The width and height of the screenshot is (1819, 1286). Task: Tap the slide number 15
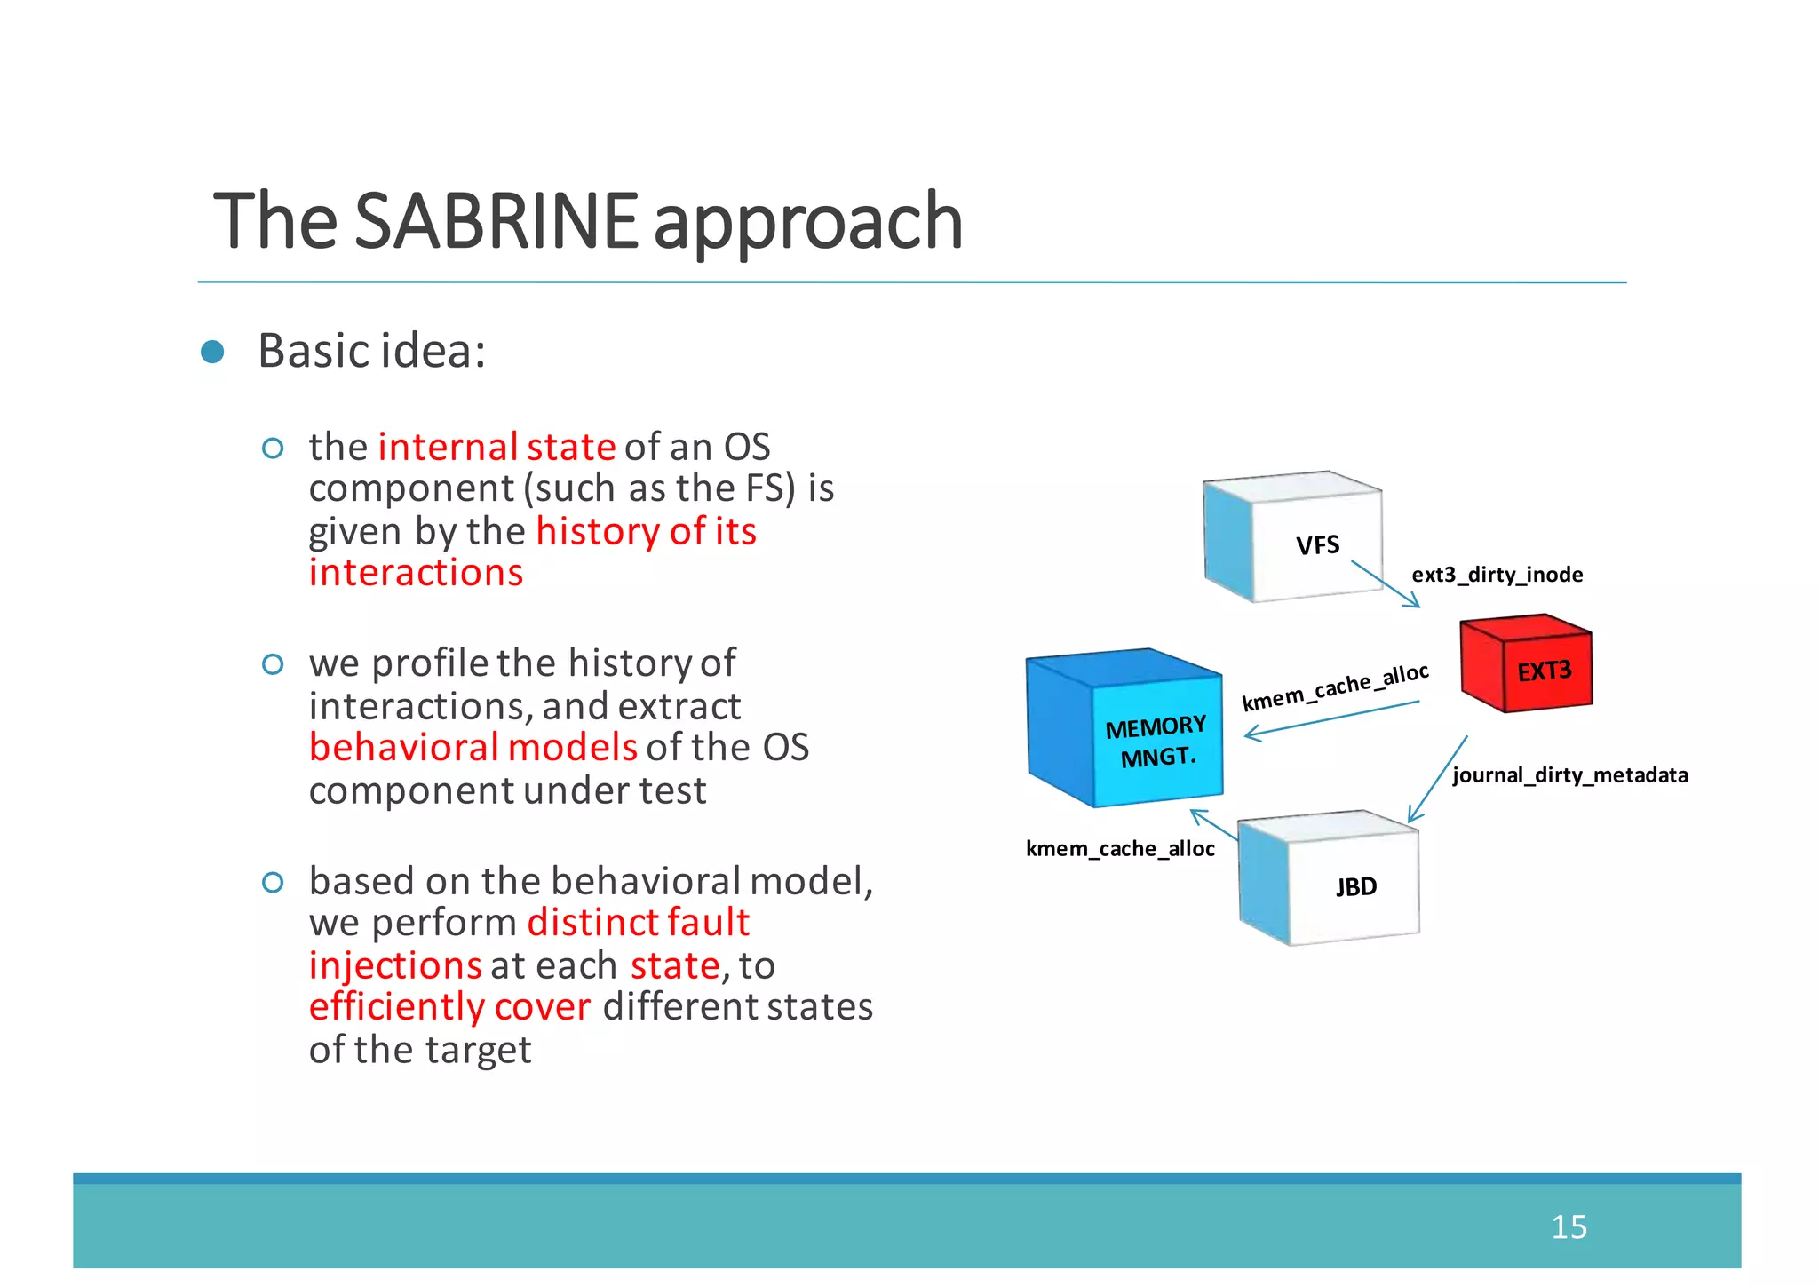click(1569, 1226)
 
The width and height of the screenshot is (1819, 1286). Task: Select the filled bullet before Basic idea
click(212, 352)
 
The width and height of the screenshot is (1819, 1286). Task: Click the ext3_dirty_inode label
click(1497, 575)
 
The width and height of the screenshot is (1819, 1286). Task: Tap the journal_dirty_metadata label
click(1569, 775)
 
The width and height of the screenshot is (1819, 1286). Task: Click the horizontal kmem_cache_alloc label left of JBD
click(1120, 849)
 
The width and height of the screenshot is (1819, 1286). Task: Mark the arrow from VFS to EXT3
click(1386, 584)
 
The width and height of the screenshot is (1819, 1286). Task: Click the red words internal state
click(496, 447)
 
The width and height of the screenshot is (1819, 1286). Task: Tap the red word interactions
click(416, 573)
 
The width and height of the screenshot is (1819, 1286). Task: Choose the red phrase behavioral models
click(473, 748)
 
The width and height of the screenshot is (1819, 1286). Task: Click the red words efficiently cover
click(449, 1007)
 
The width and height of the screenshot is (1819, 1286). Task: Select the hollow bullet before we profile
click(273, 664)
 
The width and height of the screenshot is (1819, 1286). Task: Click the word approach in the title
click(808, 222)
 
